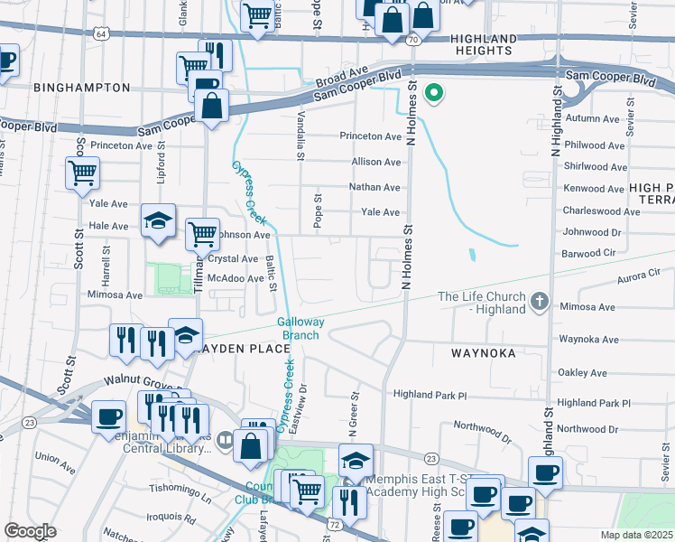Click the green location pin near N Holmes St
(434, 92)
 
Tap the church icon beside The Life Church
(540, 302)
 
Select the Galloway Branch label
(301, 328)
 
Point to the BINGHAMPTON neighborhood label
(82, 88)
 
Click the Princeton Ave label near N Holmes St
(370, 136)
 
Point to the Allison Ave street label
(376, 163)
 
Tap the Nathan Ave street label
(375, 188)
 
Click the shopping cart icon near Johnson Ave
(202, 234)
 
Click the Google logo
(31, 531)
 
